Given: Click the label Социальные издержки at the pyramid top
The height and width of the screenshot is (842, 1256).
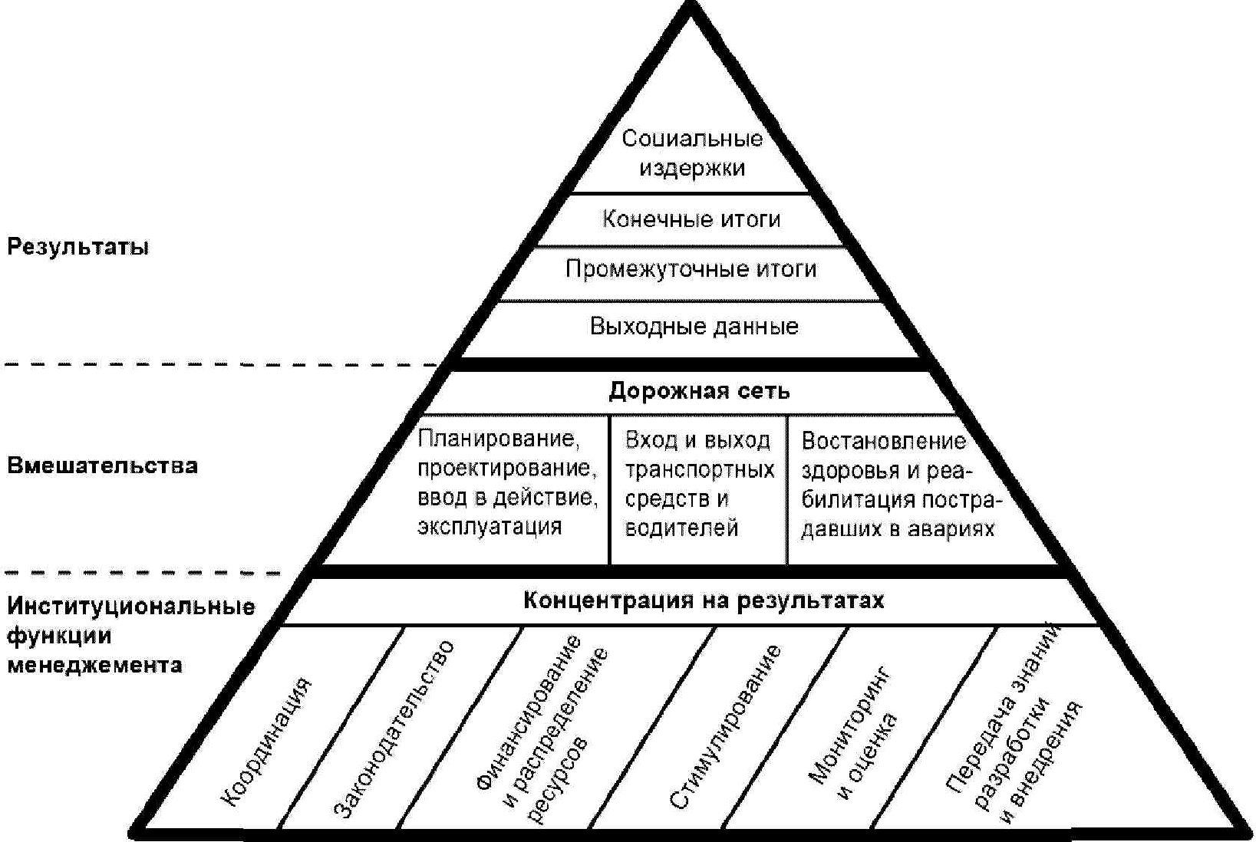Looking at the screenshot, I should tap(692, 153).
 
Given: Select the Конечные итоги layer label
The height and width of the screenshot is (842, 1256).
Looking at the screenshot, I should tap(691, 219).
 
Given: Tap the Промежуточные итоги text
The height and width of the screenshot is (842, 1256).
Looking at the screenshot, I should tap(691, 269).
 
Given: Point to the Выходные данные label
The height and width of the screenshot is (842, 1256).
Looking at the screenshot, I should tap(694, 327).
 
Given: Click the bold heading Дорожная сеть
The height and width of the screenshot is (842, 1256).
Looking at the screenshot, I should tap(699, 391).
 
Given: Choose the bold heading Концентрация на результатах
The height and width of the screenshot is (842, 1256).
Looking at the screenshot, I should tap(704, 600).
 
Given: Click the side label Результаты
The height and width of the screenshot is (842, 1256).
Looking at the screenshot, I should tap(77, 247).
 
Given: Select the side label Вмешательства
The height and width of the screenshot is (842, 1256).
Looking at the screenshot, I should tap(102, 465).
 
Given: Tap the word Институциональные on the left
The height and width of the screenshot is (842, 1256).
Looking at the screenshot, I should tap(130, 607).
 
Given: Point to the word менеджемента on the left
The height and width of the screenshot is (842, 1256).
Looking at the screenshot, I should tap(94, 665).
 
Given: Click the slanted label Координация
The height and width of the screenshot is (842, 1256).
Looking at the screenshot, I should tap(266, 742).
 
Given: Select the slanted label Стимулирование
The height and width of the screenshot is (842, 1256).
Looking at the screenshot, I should tap(726, 726).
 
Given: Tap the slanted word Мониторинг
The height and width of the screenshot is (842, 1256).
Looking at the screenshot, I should tap(850, 725).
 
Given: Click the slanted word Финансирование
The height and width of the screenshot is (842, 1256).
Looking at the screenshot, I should tap(529, 712).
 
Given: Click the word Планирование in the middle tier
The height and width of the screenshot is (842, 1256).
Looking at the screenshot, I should tap(499, 439).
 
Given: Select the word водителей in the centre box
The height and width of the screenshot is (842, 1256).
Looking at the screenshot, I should tap(681, 528).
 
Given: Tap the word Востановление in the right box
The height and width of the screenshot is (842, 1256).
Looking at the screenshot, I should tap(884, 441).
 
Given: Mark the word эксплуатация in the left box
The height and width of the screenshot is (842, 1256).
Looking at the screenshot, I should tap(490, 527).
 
